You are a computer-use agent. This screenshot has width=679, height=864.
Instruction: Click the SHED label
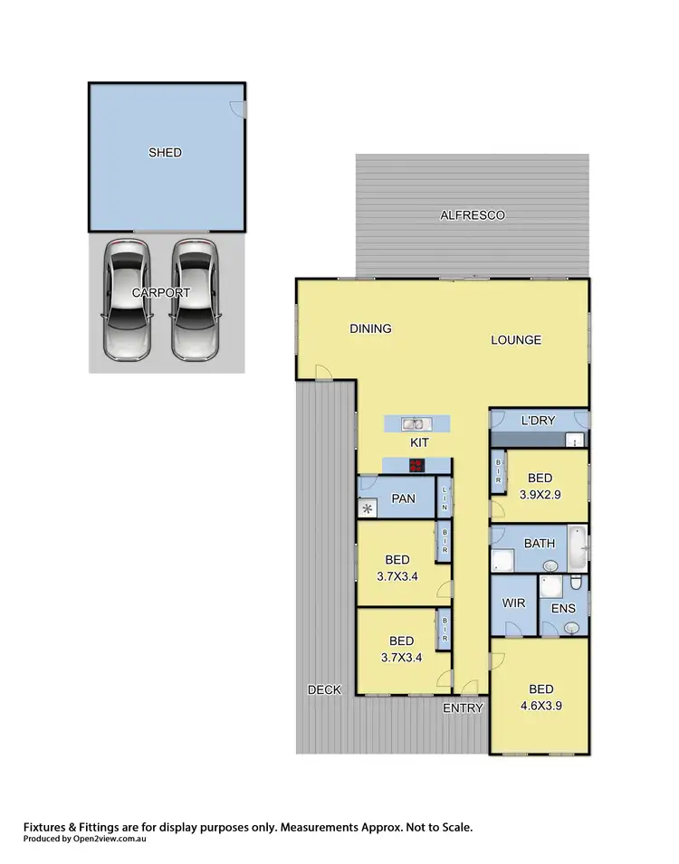(x=165, y=153)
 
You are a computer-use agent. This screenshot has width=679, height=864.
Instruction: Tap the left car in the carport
(x=126, y=298)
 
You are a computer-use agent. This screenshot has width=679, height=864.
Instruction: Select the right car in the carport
(x=195, y=298)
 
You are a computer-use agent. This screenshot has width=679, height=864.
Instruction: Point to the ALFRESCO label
(x=472, y=215)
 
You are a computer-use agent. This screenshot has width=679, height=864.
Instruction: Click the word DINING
(x=370, y=328)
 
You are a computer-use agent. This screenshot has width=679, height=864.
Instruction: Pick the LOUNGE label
(x=516, y=340)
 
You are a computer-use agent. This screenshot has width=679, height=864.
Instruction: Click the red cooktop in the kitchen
(x=416, y=465)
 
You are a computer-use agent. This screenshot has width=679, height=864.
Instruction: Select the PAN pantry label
(x=403, y=499)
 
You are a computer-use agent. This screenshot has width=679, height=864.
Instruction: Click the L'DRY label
(x=538, y=422)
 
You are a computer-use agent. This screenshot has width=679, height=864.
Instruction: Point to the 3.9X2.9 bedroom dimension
(x=540, y=495)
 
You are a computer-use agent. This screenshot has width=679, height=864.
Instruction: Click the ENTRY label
(x=463, y=708)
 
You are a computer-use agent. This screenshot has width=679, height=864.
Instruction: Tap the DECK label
(x=324, y=689)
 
